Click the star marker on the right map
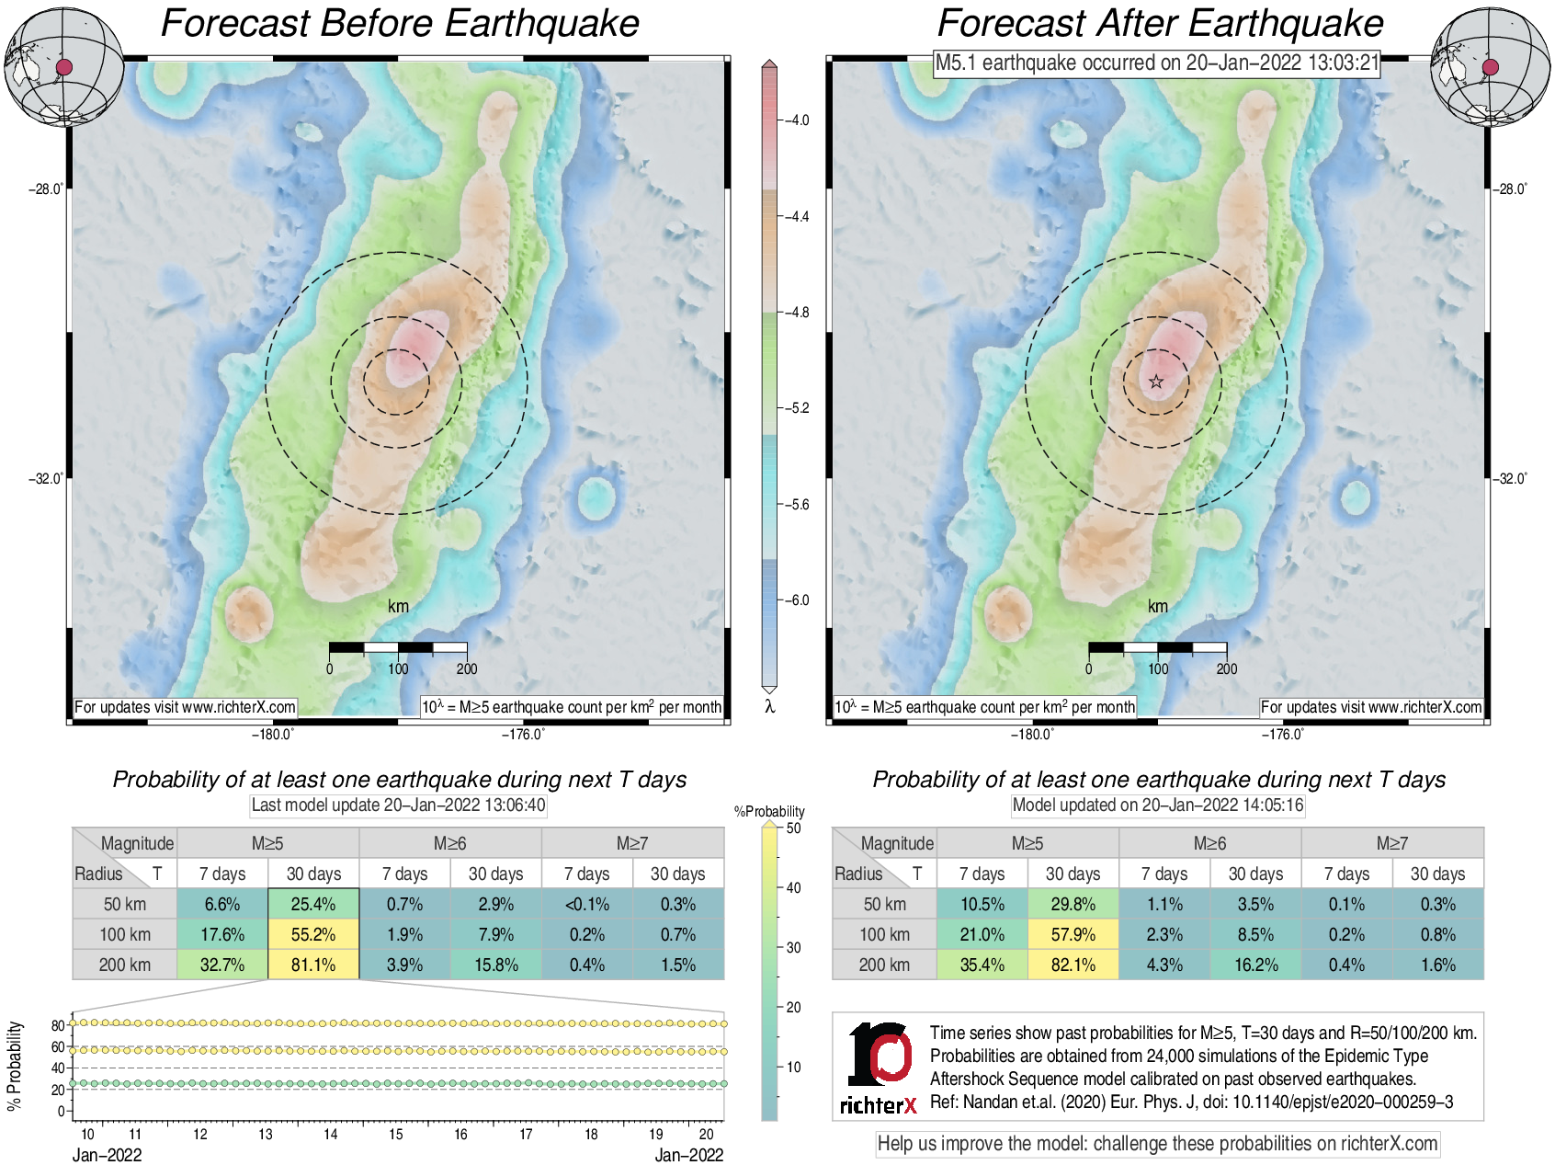1156,382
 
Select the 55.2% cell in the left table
313,935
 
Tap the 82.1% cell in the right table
1073,965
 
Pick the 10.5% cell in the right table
982,905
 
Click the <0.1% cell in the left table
587,905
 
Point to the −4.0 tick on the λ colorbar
796,120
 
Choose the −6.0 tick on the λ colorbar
796,600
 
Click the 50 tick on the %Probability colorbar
793,828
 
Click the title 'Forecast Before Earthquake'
400,24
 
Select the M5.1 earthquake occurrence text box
1157,63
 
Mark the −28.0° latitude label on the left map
45,189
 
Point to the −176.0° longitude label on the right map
1282,734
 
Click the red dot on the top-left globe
64,67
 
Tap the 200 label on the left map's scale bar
467,669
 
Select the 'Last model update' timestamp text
398,805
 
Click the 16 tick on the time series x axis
460,1135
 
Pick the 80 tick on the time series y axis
58,1025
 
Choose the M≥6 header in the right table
1209,843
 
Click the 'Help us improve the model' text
1157,1144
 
